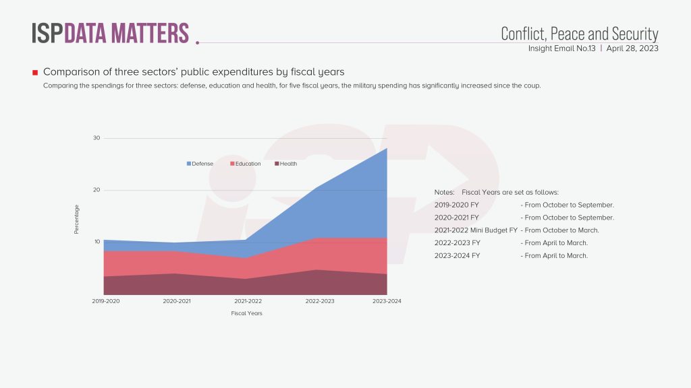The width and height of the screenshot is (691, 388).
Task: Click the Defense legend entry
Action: [x=200, y=164]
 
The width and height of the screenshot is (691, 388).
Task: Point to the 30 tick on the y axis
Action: [x=96, y=138]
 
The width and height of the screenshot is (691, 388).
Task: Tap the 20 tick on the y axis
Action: [x=96, y=190]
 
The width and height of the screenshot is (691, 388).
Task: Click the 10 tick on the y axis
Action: [x=96, y=242]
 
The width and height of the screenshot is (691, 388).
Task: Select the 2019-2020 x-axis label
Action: [x=106, y=301]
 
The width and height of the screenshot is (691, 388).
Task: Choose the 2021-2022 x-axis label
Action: [x=248, y=301]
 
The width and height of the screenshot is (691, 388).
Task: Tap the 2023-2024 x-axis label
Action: [x=387, y=301]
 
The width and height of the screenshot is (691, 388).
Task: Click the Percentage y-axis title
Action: [x=77, y=220]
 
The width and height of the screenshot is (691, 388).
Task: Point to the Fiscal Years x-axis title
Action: [x=246, y=313]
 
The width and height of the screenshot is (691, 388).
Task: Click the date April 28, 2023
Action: [x=632, y=48]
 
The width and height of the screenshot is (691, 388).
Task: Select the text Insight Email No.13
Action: [x=561, y=48]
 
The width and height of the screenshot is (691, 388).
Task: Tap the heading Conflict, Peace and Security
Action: [x=579, y=34]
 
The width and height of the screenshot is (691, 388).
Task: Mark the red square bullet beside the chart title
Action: [x=34, y=72]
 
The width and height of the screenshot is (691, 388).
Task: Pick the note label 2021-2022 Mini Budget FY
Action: [x=476, y=230]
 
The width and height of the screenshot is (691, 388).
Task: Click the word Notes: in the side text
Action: [x=445, y=192]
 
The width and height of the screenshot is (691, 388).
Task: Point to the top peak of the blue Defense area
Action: [x=387, y=149]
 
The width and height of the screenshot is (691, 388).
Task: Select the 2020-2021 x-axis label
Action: [x=177, y=301]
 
